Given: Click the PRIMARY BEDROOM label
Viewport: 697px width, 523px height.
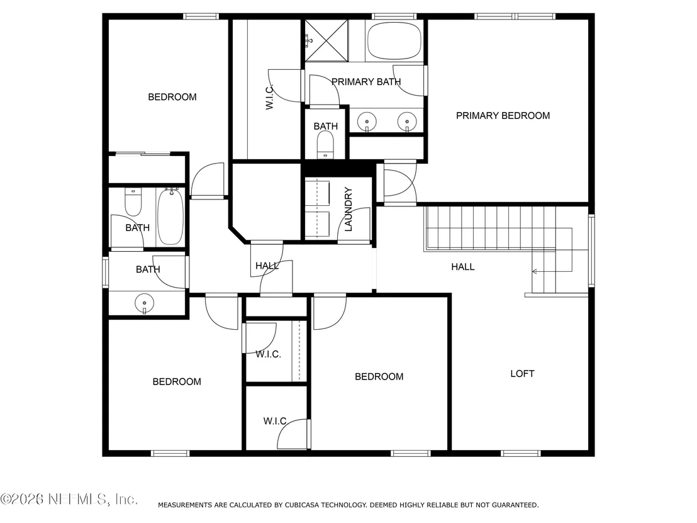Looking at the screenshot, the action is (x=503, y=116).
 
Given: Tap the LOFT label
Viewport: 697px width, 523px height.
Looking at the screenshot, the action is (x=522, y=374).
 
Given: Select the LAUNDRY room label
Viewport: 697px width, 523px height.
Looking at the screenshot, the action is (x=348, y=209).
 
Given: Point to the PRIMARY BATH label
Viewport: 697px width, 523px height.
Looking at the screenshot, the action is (x=366, y=82).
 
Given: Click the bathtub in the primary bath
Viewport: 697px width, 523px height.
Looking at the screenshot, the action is (x=394, y=40).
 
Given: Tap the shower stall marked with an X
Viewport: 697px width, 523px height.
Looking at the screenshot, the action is (x=326, y=40).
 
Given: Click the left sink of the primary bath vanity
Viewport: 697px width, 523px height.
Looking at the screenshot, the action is (x=367, y=121).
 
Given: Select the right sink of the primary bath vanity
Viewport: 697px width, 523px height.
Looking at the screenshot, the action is (x=407, y=121).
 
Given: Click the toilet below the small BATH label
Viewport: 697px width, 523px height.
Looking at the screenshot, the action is (x=325, y=145).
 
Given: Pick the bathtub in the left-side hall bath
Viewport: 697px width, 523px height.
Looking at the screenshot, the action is (x=170, y=216).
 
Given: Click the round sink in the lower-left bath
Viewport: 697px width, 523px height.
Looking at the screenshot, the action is (x=145, y=304).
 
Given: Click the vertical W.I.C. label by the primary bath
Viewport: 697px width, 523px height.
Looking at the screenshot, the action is (x=269, y=98).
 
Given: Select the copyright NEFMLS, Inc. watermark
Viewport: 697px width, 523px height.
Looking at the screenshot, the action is (x=69, y=499).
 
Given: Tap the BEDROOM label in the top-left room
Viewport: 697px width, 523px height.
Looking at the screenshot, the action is (x=172, y=97).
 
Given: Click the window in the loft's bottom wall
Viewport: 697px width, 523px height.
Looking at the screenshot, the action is (x=521, y=454).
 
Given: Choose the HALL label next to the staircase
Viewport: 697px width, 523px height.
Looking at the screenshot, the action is (x=463, y=267).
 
